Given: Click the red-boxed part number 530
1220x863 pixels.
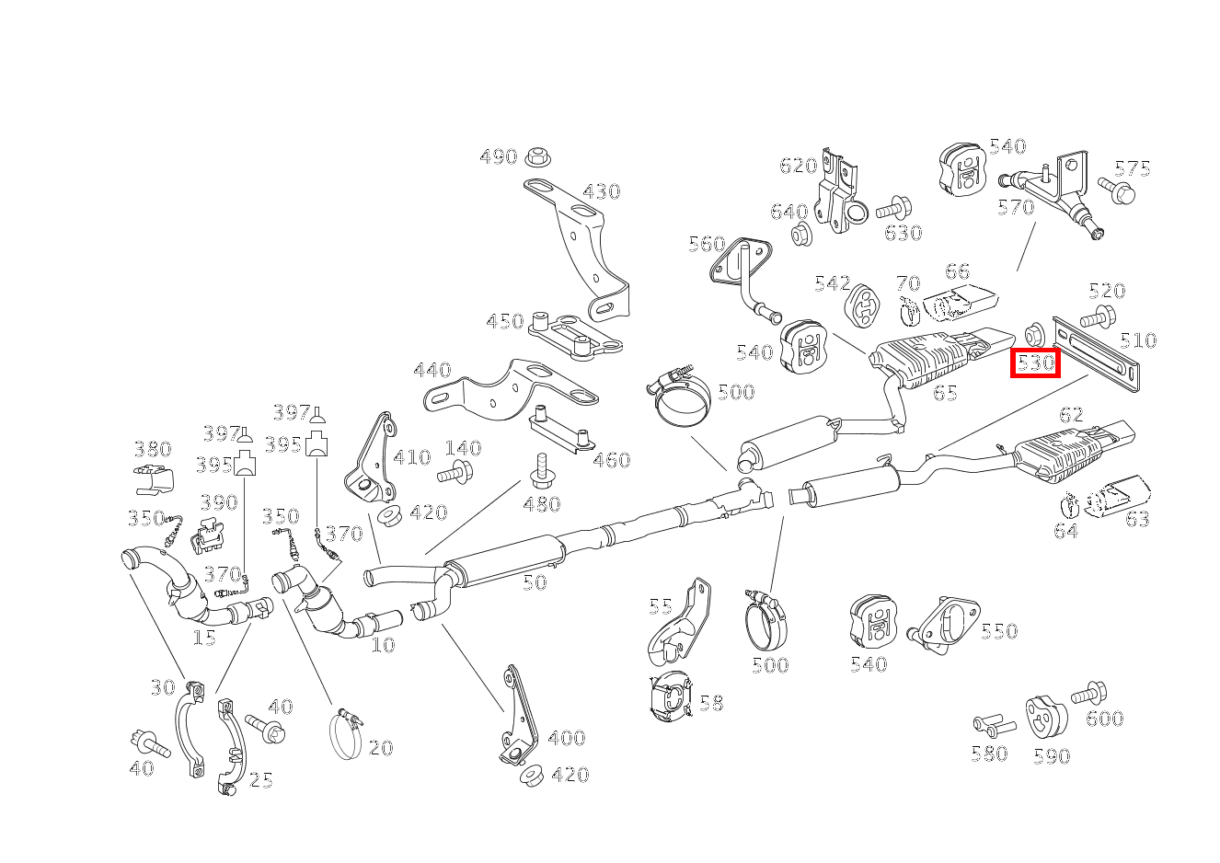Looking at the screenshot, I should [1035, 363].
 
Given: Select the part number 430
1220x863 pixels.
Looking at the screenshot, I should [601, 192].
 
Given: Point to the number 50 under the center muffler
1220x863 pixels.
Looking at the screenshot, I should [535, 582].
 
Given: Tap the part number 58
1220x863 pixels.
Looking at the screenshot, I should [710, 704].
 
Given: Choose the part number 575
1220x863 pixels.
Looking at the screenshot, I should [1132, 169].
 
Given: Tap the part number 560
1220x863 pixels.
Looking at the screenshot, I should [707, 245].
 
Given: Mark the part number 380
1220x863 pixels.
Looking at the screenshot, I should [153, 450].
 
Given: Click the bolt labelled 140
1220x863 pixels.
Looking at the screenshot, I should [455, 474].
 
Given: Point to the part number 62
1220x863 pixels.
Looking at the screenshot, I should [1071, 415].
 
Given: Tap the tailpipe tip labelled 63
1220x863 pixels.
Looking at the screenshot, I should [1116, 495].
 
